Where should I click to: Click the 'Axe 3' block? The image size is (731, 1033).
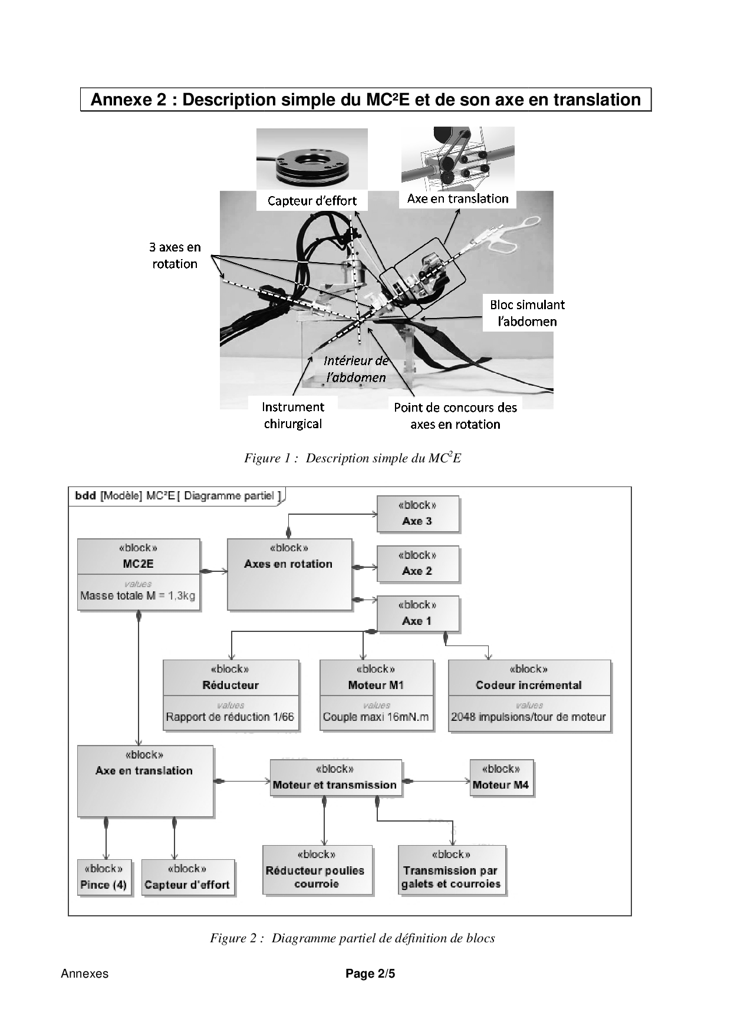pos(417,514)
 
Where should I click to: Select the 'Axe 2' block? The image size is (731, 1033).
pos(417,564)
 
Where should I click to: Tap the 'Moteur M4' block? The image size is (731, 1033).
pos(501,778)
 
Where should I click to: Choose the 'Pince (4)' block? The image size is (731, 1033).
pos(104,878)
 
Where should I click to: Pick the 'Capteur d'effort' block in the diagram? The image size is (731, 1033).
pos(187,878)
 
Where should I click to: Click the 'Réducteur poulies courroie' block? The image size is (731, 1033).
pos(317,870)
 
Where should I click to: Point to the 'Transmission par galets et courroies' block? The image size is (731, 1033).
pos(451,870)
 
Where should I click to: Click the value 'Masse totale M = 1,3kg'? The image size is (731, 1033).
pos(138,595)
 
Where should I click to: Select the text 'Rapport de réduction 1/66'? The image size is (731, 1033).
pos(230,717)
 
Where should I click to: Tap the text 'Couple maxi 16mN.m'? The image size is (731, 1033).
pos(376,717)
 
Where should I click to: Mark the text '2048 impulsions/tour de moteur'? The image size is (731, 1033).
pos(529,717)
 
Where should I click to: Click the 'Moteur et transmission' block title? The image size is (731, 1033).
pos(335,784)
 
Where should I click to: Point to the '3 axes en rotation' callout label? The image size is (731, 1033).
pos(174,256)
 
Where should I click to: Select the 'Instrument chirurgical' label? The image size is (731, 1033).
pos(293,415)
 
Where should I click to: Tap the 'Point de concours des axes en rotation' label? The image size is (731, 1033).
pos(455,416)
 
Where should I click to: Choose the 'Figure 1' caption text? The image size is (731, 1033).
pos(353,458)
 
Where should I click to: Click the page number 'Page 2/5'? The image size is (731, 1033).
pos(370,974)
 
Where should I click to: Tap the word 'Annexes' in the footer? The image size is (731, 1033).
pos(85,974)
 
